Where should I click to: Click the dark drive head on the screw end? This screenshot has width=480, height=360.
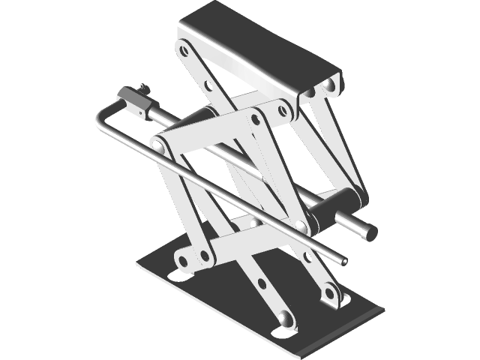coord(133,100)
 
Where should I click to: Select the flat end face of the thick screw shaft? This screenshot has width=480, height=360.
coord(369,233)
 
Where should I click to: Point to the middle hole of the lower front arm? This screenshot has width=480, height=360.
coord(262,283)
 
